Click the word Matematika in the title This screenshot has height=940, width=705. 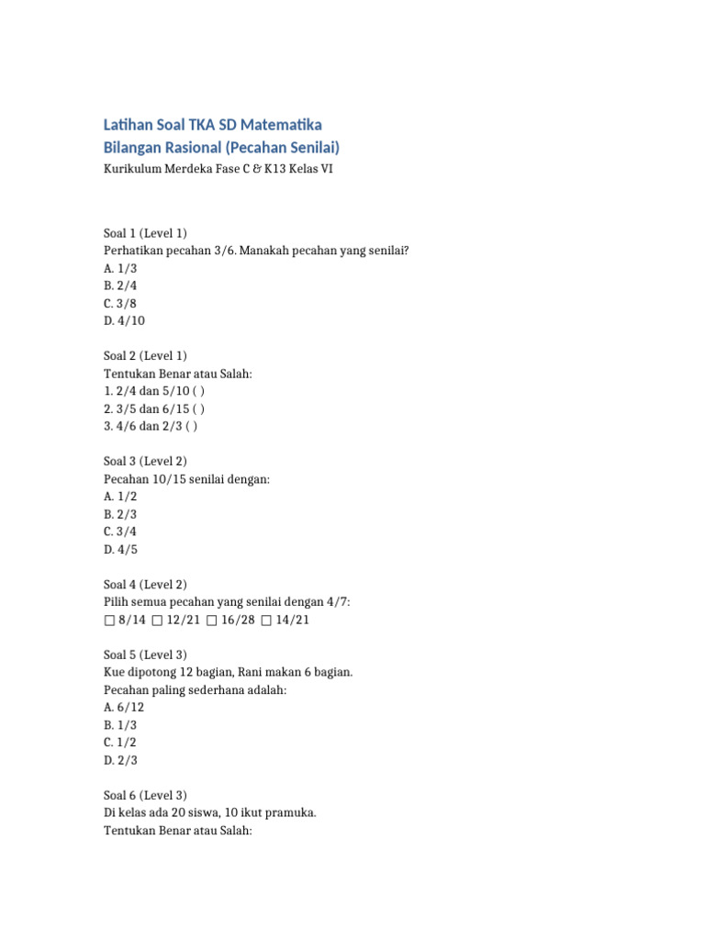click(281, 125)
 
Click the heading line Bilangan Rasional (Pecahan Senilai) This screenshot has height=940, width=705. click(221, 147)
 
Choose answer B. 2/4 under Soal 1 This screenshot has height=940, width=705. click(120, 285)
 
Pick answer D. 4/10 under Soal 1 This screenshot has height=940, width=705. click(124, 320)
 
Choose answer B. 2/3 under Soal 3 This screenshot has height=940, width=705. click(120, 514)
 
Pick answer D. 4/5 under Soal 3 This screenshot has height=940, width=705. click(120, 549)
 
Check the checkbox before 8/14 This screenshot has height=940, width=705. click(109, 620)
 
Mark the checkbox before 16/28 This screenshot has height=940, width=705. click(212, 620)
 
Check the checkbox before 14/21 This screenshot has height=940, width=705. click(266, 620)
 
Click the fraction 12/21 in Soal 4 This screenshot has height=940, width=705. click(184, 620)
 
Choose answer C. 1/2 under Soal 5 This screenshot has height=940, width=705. click(120, 742)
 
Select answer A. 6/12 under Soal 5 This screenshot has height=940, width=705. click(124, 707)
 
